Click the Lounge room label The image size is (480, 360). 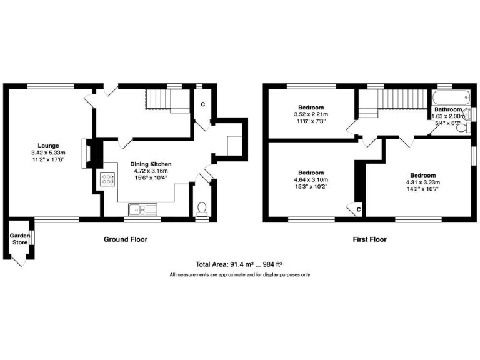pos(47,146)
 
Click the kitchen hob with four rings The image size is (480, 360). pos(106,179)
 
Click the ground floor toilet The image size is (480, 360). pos(201,207)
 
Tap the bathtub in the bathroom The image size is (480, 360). pos(448,97)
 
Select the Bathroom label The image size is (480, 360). pos(448,109)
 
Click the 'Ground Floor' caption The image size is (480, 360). pos(126,239)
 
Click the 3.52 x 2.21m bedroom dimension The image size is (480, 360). pos(311,114)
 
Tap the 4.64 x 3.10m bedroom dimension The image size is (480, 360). pos(311,179)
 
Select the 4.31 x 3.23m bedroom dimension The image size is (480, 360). pos(423,182)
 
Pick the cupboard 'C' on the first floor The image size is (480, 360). pos(358,209)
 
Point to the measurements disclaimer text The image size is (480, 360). pos(240,275)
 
